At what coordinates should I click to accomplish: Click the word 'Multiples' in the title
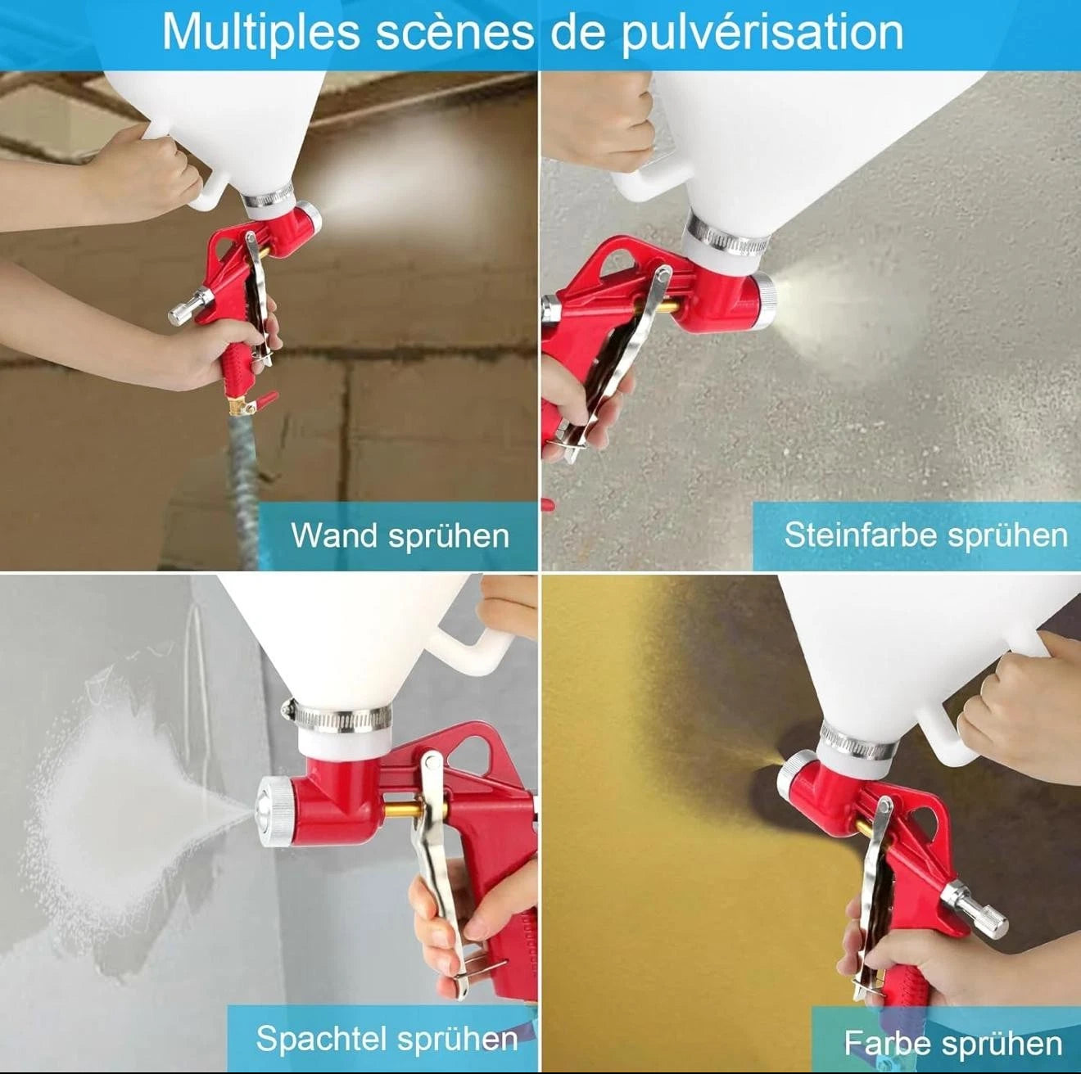click(x=260, y=34)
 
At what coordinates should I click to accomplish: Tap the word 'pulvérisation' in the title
click(x=762, y=34)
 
